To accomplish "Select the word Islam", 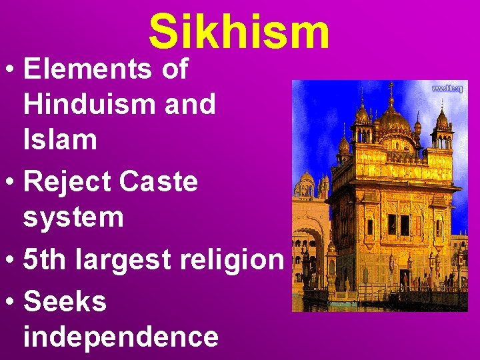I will (60, 141).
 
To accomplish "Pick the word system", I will (73, 218).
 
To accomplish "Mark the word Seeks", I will (65, 301).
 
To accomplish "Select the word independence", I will (121, 337).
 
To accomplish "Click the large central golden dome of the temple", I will (394, 120).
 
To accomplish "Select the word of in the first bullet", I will (175, 69).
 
